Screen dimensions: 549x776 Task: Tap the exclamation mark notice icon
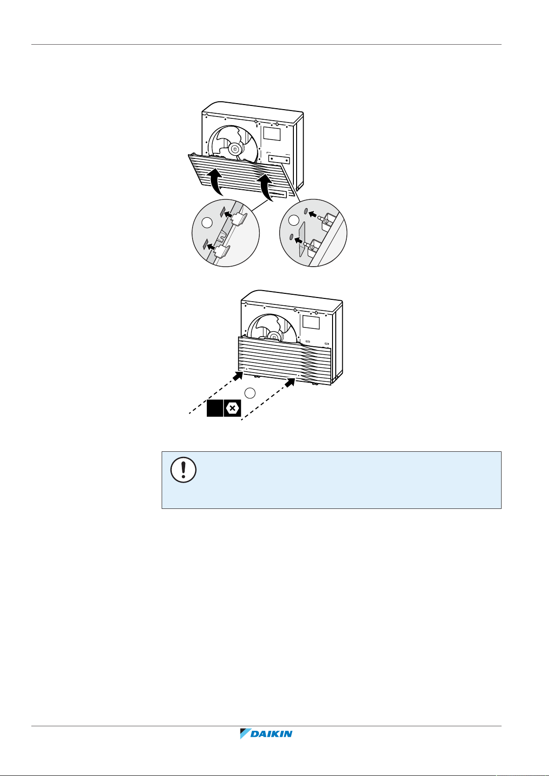coord(183,470)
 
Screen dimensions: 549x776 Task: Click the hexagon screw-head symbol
coord(233,408)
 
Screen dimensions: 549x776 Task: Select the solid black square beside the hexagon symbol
coord(214,408)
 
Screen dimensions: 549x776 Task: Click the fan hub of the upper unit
coord(235,149)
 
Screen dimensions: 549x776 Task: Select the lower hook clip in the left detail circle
coord(223,251)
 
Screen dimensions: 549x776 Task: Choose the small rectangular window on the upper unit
coord(271,134)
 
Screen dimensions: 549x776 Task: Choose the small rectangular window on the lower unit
coord(310,322)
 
